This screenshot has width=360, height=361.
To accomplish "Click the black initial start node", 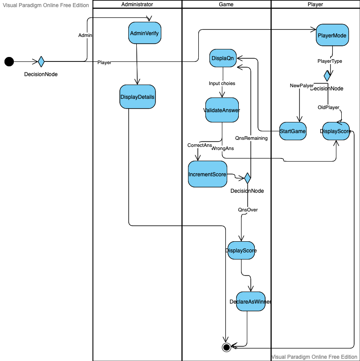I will (9, 61).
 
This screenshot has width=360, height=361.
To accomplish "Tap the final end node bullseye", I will (226, 347).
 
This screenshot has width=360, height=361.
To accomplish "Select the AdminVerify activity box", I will (144, 33).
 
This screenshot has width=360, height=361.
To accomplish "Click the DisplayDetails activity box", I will (137, 97).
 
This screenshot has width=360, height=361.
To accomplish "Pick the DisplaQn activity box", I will (222, 58).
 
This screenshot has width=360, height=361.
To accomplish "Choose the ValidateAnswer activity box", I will (221, 110).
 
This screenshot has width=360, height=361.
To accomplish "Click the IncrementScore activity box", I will (207, 174).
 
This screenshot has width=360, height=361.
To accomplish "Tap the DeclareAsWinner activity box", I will (250, 301).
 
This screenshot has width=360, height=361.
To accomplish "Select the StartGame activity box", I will (292, 131).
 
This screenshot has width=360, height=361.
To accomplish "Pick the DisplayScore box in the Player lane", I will (335, 131).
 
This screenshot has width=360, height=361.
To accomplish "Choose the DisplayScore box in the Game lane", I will (241, 251).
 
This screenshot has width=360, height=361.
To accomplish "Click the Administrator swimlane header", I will (137, 4).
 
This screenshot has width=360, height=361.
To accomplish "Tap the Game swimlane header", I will (226, 4).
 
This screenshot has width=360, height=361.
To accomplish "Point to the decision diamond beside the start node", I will (41, 61).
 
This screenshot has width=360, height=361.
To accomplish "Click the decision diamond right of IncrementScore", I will (247, 178).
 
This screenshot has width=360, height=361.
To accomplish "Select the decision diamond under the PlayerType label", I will (327, 76).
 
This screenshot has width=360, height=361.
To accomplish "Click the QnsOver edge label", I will (248, 210).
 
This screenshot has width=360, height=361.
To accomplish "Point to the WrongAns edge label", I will (222, 148).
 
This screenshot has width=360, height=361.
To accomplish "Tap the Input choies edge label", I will (222, 83).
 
